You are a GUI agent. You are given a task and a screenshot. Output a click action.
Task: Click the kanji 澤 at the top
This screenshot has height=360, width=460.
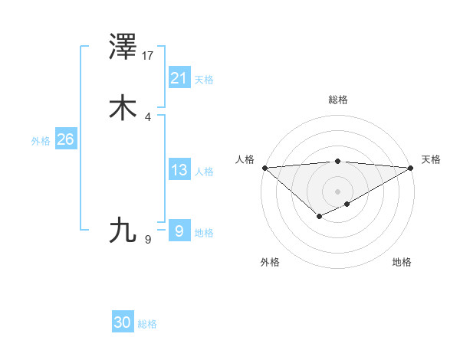point(123,48)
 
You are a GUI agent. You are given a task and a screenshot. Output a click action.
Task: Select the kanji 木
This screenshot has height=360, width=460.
point(123,108)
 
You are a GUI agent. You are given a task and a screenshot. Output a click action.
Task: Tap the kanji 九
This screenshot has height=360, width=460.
point(123,230)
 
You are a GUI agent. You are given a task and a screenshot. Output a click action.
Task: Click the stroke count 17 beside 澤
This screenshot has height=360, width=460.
point(148,56)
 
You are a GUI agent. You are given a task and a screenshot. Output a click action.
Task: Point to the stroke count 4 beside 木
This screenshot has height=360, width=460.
point(148,116)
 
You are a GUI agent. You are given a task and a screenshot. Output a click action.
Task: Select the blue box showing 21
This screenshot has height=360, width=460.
point(179,77)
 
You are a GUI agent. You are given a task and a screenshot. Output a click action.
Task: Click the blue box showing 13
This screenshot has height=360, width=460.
point(179,170)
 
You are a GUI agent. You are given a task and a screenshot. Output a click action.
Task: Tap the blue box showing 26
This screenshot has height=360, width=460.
point(65,139)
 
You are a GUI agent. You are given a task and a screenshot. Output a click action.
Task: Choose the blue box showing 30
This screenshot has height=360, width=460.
point(123,322)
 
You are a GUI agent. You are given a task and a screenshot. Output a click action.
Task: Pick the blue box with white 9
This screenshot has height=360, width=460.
point(179,231)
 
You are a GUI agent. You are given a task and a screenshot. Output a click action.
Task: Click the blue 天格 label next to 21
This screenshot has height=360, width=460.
point(204,80)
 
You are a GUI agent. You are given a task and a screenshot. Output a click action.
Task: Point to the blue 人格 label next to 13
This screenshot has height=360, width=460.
point(204,172)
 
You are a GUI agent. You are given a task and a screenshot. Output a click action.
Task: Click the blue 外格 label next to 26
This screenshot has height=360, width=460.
point(41,141)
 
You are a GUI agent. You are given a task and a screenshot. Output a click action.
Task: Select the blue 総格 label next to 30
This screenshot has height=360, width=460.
point(147,324)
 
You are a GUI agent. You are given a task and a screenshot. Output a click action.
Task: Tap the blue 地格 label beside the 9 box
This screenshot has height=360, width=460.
point(204,233)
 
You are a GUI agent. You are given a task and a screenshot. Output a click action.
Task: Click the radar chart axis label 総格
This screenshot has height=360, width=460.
point(338,100)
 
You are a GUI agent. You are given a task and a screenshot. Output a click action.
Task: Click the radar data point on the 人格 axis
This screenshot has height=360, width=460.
point(264,168)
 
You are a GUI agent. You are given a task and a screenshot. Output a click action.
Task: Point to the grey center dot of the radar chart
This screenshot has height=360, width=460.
point(338,191)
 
